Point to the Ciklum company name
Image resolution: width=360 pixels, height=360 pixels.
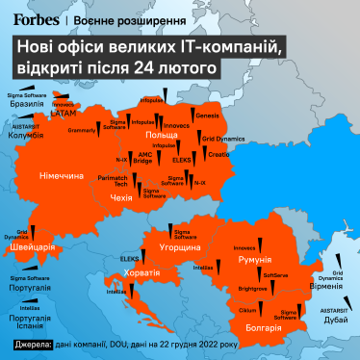point(247,311)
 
